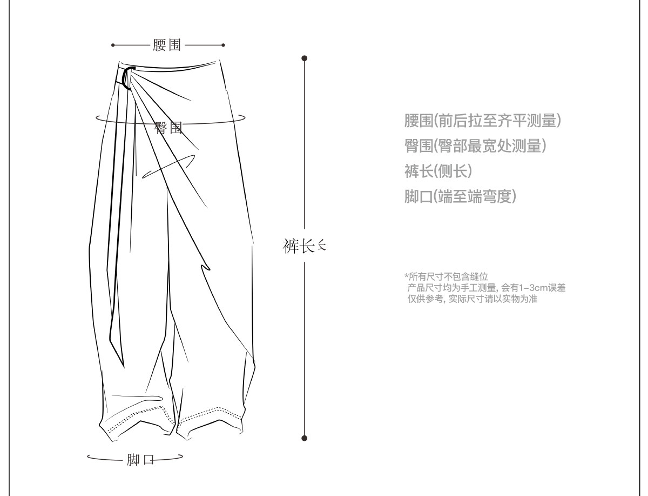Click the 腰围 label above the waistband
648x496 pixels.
pyautogui.click(x=166, y=45)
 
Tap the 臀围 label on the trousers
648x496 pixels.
pyautogui.click(x=168, y=128)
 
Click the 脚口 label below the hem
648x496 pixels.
pyautogui.click(x=140, y=460)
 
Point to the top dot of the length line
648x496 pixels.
pyautogui.click(x=305, y=58)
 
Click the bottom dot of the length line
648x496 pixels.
pyautogui.click(x=305, y=438)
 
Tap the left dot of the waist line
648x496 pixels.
pyautogui.click(x=113, y=45)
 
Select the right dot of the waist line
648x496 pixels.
pyautogui.click(x=223, y=45)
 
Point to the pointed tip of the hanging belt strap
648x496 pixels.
pyautogui.click(x=124, y=367)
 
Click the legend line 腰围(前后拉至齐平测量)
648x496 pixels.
pyautogui.click(x=482, y=121)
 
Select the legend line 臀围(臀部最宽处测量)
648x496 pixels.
pyautogui.click(x=475, y=146)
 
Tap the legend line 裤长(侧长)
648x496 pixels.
pyautogui.click(x=438, y=171)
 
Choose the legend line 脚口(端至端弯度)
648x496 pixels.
pyautogui.click(x=460, y=196)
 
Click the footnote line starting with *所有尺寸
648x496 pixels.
pyautogui.click(x=446, y=277)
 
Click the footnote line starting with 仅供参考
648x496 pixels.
pyautogui.click(x=472, y=299)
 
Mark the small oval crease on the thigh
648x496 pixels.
pyautogui.click(x=168, y=167)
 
